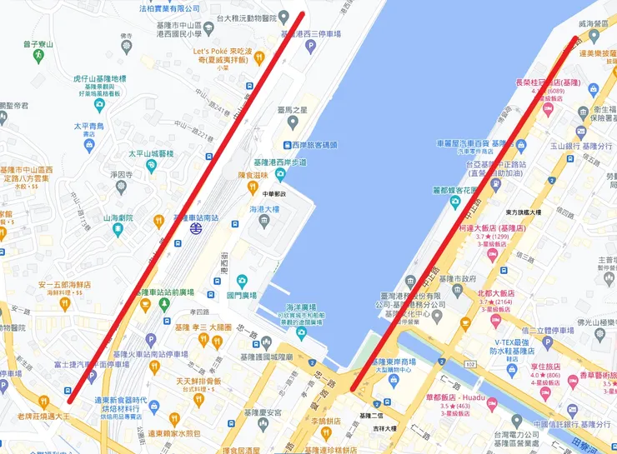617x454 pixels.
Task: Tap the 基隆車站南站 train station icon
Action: [196, 226]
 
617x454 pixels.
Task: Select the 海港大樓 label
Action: [264, 209]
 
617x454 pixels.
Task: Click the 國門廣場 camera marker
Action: [241, 281]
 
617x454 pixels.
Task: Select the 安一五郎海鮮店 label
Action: [63, 285]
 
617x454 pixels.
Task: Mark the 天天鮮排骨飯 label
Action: [198, 381]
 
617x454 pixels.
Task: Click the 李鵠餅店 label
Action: [316, 432]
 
